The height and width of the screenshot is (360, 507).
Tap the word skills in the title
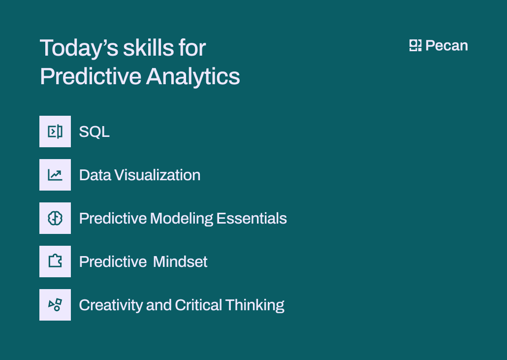tap(148, 48)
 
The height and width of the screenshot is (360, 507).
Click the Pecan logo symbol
tap(415, 46)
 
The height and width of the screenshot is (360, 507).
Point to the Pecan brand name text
tap(446, 46)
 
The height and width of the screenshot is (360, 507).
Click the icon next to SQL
tap(55, 131)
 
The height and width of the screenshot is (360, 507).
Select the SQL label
tap(94, 132)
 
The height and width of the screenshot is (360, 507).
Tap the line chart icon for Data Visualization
tap(55, 175)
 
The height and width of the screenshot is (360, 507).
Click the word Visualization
tap(158, 175)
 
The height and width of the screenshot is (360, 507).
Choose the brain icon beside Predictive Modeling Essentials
tap(55, 218)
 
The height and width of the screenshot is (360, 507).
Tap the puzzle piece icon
tap(55, 262)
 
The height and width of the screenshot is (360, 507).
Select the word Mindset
tap(180, 262)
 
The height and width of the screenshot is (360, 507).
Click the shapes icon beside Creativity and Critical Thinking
tap(55, 305)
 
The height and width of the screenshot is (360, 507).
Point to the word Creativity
tap(111, 305)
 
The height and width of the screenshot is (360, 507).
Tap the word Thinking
tap(255, 305)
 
